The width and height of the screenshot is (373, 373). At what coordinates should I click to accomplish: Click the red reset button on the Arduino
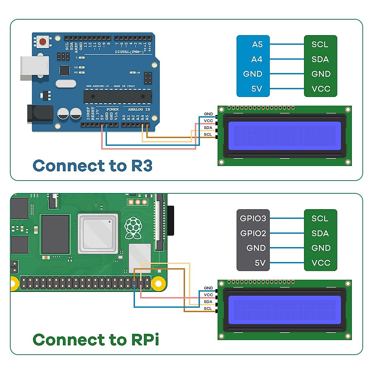pyautogui.click(x=43, y=41)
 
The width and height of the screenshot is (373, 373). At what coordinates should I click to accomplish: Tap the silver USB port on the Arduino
pyautogui.click(x=35, y=68)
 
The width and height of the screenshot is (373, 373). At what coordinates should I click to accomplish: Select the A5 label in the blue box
pyautogui.click(x=257, y=44)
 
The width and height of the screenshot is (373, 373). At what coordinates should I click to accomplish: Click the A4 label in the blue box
pyautogui.click(x=257, y=59)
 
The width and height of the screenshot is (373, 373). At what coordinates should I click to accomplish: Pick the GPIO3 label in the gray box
pyautogui.click(x=253, y=219)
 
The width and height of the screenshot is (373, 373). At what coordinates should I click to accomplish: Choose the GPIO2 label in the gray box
pyautogui.click(x=253, y=233)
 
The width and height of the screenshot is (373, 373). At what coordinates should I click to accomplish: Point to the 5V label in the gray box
pyautogui.click(x=260, y=263)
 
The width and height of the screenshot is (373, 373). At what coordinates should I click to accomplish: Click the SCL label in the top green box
pyautogui.click(x=320, y=44)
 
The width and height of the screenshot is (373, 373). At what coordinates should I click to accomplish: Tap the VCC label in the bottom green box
pyautogui.click(x=321, y=263)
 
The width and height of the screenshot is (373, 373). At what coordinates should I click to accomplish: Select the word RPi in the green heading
pyautogui.click(x=145, y=340)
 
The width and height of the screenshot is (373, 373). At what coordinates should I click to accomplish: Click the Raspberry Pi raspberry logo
pyautogui.click(x=133, y=228)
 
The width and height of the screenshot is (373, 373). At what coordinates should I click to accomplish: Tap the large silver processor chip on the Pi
pyautogui.click(x=98, y=233)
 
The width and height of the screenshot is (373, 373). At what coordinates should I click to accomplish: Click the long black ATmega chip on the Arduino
pyautogui.click(x=118, y=96)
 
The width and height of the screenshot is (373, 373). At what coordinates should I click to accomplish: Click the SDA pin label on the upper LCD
pyautogui.click(x=208, y=128)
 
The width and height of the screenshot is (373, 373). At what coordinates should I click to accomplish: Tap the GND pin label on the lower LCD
pyautogui.click(x=208, y=288)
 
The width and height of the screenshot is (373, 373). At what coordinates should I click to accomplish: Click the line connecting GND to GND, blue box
pyautogui.click(x=287, y=74)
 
